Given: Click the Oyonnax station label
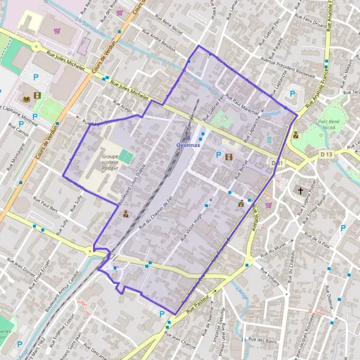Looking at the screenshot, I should tap(188, 145).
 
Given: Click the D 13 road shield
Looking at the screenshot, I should tap(326, 155).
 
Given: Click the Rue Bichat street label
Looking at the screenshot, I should tap(244, 171).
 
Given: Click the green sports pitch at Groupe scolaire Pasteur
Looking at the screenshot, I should tap(126, 157).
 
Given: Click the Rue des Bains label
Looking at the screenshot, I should tap(262, 340).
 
